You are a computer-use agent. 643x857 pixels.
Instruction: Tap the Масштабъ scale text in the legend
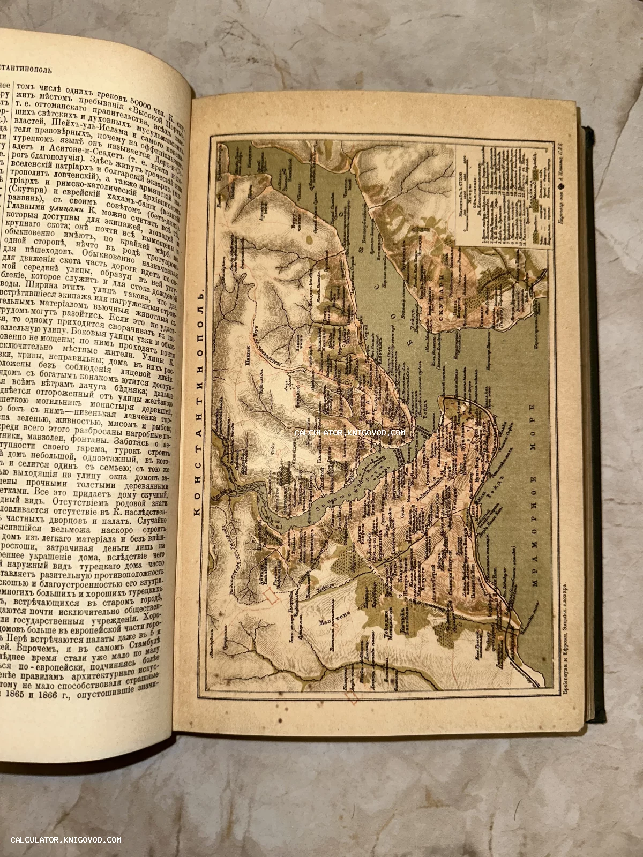(462, 174)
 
